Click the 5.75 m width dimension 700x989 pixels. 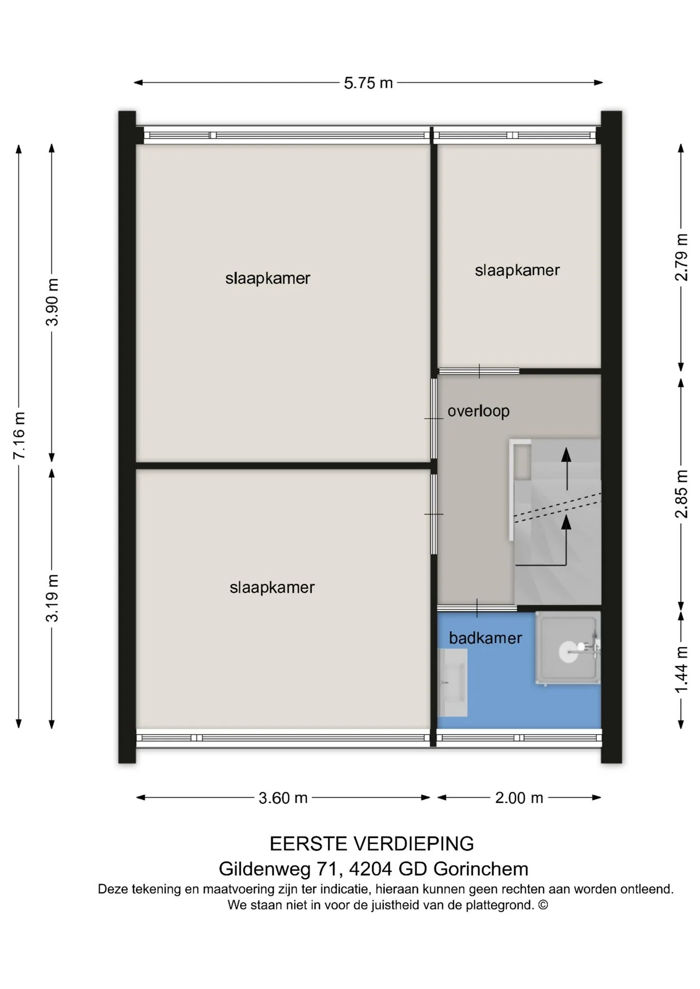coord(368,83)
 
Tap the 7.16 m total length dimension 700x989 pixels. coord(19,435)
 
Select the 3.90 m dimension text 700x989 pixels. coord(52,302)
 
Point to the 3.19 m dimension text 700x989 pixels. coord(52,598)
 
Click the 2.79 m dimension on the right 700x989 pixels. coord(681,257)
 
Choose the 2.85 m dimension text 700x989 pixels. coord(681,493)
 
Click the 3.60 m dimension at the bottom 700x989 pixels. coord(283,798)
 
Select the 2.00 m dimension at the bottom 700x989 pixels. coord(519,798)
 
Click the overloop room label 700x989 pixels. coord(478,411)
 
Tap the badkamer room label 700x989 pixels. coord(486,638)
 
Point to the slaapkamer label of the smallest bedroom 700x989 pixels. coord(517,270)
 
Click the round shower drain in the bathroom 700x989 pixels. coord(569,652)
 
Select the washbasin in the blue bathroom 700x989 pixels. coord(453,683)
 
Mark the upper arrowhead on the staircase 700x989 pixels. coord(566,455)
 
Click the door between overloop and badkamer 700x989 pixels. coord(477,608)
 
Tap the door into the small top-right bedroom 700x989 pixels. coord(479,371)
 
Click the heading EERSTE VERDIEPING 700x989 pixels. coord(372,844)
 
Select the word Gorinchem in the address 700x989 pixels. coord(481,869)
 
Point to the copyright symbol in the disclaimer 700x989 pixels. coord(543,905)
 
